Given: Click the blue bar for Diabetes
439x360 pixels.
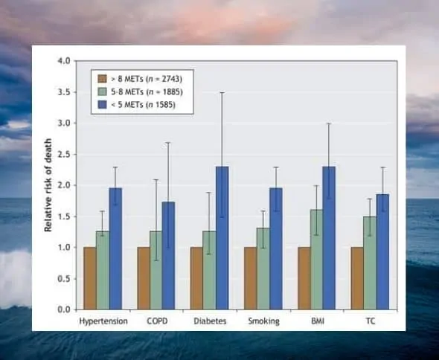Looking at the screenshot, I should (222, 238).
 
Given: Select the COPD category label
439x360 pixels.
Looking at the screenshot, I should (156, 322).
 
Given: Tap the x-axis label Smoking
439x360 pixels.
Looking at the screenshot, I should (263, 322).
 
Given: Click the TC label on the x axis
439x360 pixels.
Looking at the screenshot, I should (370, 322).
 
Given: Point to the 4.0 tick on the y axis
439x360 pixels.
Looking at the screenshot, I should (65, 60).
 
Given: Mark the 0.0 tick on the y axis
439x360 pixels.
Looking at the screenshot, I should (65, 309).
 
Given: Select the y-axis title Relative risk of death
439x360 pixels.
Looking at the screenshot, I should (49, 184).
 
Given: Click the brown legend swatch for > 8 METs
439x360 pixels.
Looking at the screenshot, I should (100, 78).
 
